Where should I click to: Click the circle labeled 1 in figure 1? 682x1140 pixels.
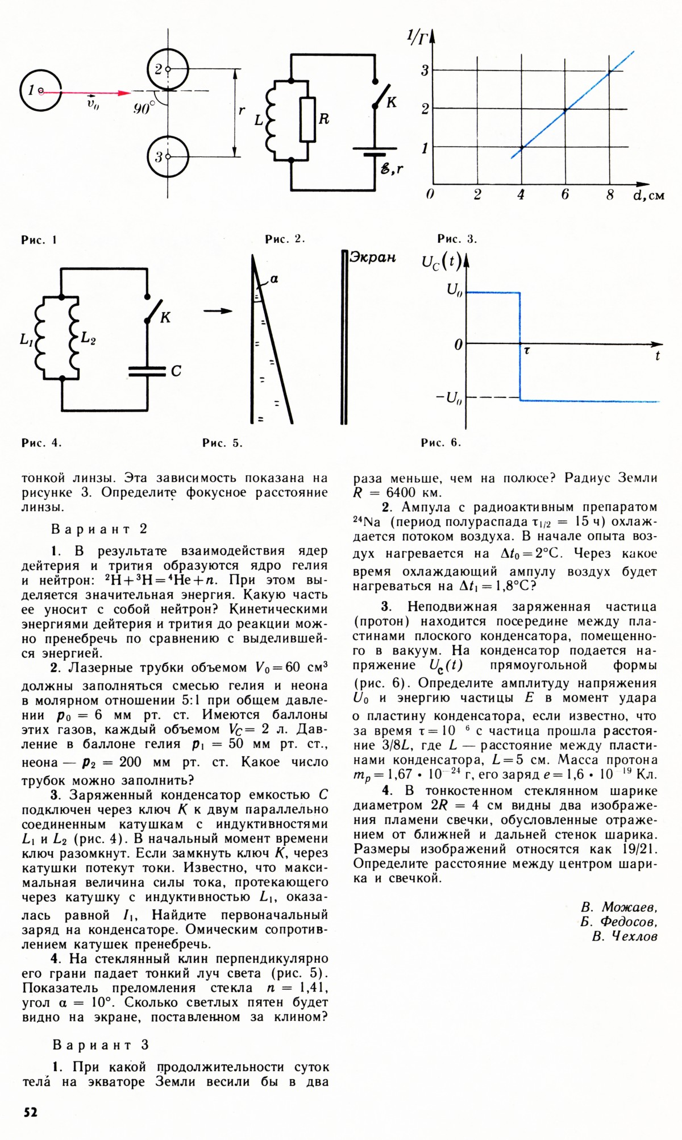click(x=40, y=91)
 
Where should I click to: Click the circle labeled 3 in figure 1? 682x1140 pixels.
click(x=168, y=157)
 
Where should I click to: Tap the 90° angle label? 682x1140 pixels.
click(x=144, y=108)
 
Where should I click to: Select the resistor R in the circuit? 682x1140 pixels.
click(x=307, y=119)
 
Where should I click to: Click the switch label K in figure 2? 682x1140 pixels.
click(x=392, y=102)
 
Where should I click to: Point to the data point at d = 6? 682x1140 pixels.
click(x=565, y=110)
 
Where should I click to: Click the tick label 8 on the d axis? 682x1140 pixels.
click(x=610, y=195)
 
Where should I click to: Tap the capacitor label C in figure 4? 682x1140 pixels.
click(x=176, y=371)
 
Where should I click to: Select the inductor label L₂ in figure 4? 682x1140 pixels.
click(x=88, y=339)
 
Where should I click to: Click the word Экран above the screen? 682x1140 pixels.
click(x=372, y=257)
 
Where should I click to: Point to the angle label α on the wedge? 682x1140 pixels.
click(x=274, y=279)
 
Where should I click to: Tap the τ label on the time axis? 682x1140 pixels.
click(x=527, y=352)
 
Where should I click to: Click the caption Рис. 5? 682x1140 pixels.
click(x=222, y=443)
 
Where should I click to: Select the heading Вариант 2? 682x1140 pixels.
click(x=99, y=529)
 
